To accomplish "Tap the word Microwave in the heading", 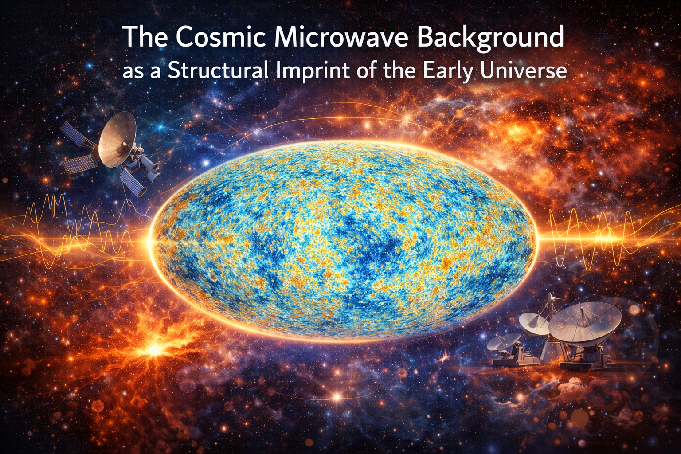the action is pos(342,36).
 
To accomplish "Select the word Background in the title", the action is pos(490,38).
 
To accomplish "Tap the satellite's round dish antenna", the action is pos(117,139).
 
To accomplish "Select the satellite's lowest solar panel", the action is pos(133,183).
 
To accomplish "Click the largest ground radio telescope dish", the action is pos(584,324).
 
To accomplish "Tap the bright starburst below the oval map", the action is pos(154,350).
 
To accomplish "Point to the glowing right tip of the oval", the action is pos(537,239).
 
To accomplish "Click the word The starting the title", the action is pos(145,36).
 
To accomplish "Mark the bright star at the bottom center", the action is pos(337,396).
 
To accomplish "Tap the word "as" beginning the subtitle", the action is pos(133,73).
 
